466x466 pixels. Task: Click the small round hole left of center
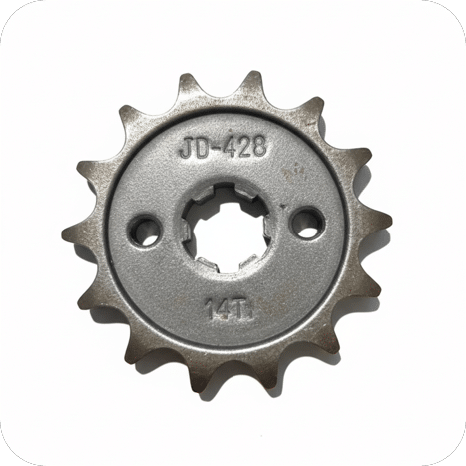144,230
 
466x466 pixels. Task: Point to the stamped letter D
202,147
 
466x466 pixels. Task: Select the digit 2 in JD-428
245,146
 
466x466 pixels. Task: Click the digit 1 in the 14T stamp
210,310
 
